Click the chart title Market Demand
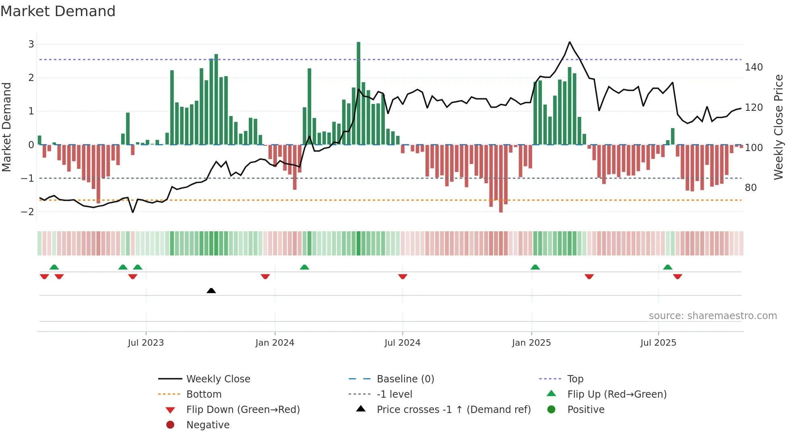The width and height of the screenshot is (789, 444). pyautogui.click(x=58, y=11)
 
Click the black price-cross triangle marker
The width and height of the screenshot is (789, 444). pyautogui.click(x=211, y=290)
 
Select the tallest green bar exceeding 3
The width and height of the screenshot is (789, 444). pyautogui.click(x=358, y=93)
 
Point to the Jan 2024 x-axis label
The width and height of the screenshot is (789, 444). pyautogui.click(x=275, y=343)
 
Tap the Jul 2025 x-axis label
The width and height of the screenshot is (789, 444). pyautogui.click(x=658, y=343)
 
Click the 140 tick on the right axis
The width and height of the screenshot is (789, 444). pyautogui.click(x=754, y=67)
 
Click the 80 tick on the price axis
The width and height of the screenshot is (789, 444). pyautogui.click(x=750, y=188)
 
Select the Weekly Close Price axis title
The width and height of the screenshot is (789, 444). pyautogui.click(x=779, y=127)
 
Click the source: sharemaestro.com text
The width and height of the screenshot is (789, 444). pyautogui.click(x=713, y=316)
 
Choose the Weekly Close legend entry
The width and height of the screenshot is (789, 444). pyautogui.click(x=218, y=379)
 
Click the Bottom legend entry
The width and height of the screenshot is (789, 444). pyautogui.click(x=204, y=394)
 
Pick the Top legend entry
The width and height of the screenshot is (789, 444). pyautogui.click(x=575, y=379)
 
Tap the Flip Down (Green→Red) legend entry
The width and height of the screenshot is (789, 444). pyautogui.click(x=243, y=410)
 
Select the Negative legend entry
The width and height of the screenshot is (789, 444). pyautogui.click(x=208, y=425)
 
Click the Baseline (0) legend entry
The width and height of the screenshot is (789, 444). pyautogui.click(x=405, y=379)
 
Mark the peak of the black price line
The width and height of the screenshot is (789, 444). pyautogui.click(x=569, y=42)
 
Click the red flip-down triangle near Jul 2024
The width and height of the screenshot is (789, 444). pyautogui.click(x=403, y=276)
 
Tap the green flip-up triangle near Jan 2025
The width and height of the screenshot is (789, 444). pyautogui.click(x=535, y=267)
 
